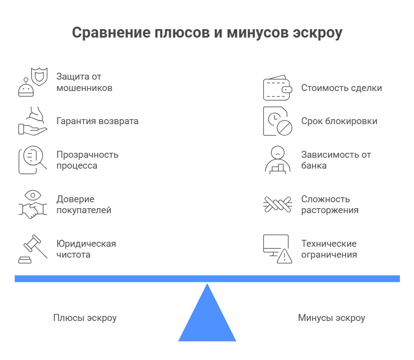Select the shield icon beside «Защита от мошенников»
pyautogui.click(x=40, y=77)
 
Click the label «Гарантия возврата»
pyautogui.click(x=97, y=121)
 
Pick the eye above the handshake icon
pyautogui.click(x=33, y=195)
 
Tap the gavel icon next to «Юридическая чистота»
pyautogui.click(x=33, y=249)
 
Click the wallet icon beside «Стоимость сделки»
pyautogui.click(x=277, y=88)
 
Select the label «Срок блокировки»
pyautogui.click(x=339, y=121)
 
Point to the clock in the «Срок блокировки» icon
pyautogui.click(x=275, y=119)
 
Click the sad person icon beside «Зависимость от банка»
pyautogui.click(x=277, y=160)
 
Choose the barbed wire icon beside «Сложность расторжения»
pyautogui.click(x=277, y=204)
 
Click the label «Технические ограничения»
pyautogui.click(x=329, y=249)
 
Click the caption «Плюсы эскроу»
pyautogui.click(x=85, y=318)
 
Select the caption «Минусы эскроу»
pyautogui.click(x=331, y=318)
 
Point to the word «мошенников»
pyautogui.click(x=85, y=88)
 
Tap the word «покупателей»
pyautogui.click(x=84, y=210)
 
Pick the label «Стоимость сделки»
pyautogui.click(x=342, y=88)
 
